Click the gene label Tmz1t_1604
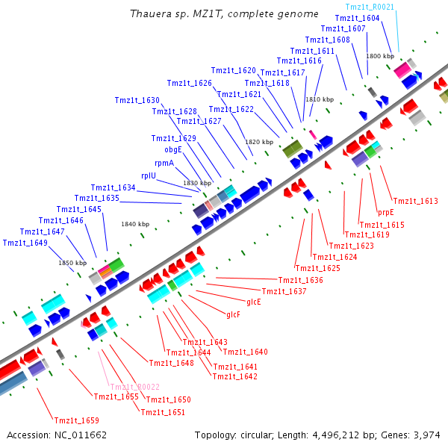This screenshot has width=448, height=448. (357, 17)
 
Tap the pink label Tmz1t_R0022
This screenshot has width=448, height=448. (134, 387)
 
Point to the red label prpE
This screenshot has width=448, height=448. (385, 212)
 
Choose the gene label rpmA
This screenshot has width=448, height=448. (164, 163)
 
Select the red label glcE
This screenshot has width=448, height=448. (254, 302)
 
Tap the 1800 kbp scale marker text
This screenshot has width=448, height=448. (379, 56)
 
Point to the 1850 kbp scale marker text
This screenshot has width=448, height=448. (72, 263)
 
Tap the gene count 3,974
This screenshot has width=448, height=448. (426, 435)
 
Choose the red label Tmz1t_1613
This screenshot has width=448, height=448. (415, 201)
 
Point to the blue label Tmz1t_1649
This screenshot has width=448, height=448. (25, 243)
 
